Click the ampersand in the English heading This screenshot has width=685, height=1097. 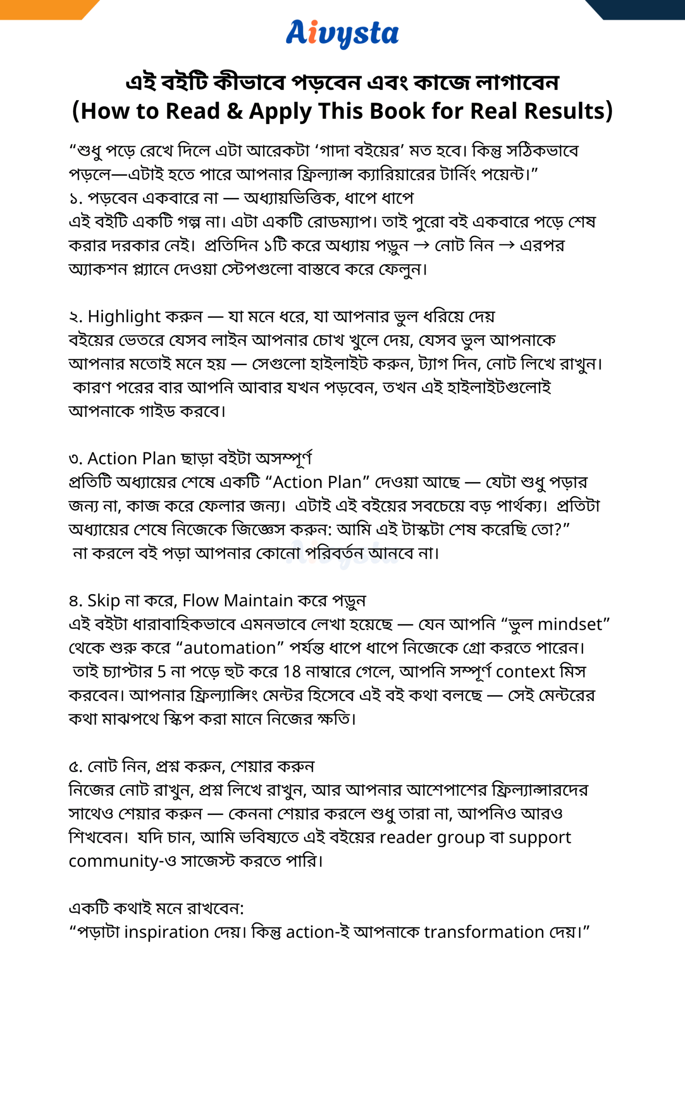(x=235, y=111)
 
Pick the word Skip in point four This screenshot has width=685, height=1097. (x=104, y=600)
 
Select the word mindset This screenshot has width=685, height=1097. (x=570, y=624)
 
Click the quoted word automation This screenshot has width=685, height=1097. (x=229, y=648)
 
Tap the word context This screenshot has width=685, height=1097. (x=525, y=671)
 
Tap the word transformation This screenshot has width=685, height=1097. (x=484, y=932)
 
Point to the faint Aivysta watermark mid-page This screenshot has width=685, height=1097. (x=343, y=554)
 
